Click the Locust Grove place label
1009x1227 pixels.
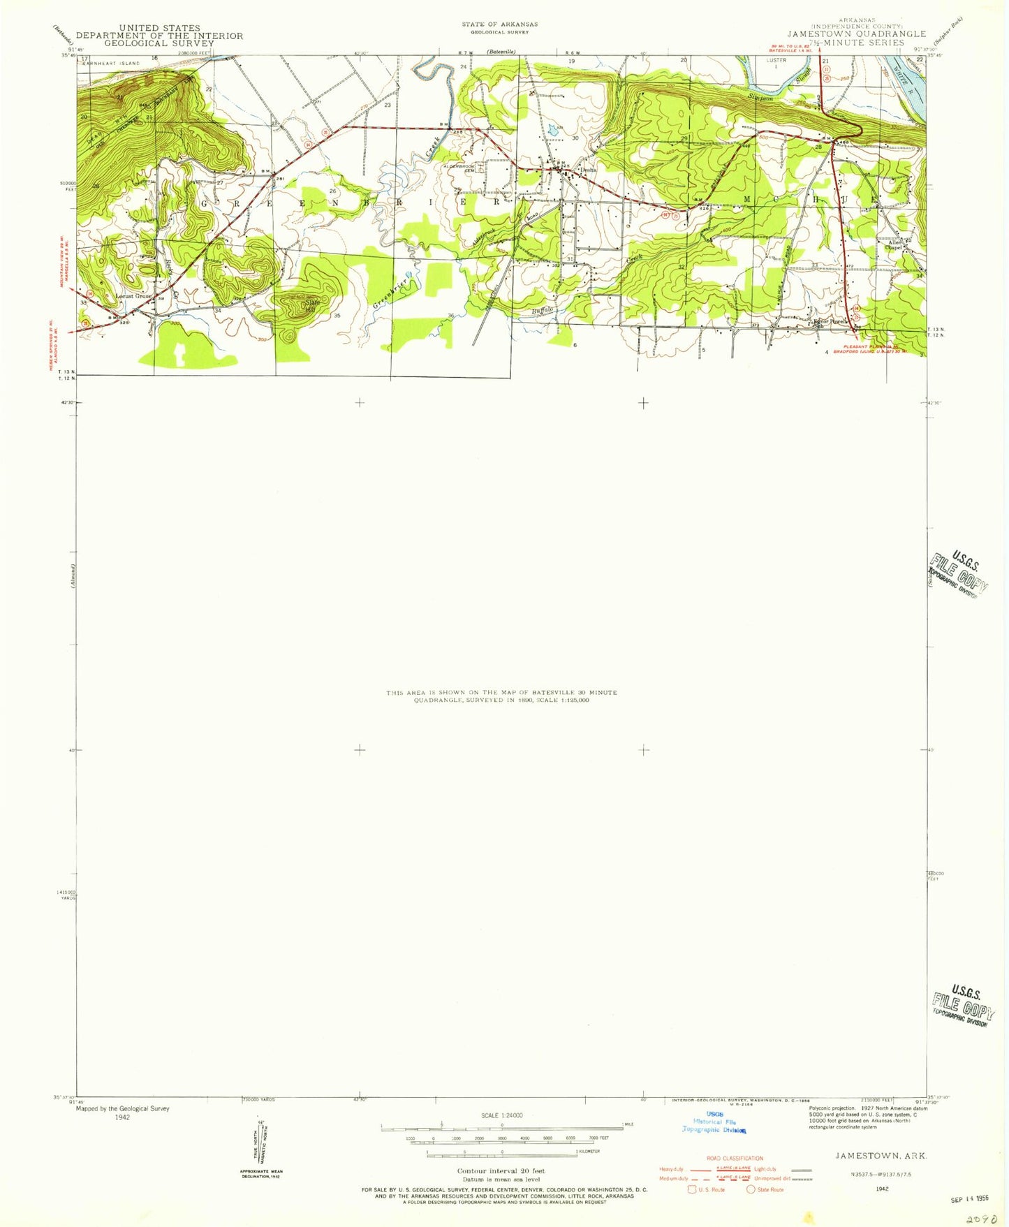tap(133, 296)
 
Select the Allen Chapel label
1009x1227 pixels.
tap(894, 244)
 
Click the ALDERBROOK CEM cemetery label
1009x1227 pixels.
tap(457, 168)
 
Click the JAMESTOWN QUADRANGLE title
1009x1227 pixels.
tap(856, 34)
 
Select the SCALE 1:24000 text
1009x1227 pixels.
tap(501, 1115)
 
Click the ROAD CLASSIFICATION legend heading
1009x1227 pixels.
tap(735, 1159)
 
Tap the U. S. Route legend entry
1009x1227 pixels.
tap(707, 1189)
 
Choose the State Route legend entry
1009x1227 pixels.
tap(766, 1189)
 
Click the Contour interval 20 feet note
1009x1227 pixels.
tap(501, 1171)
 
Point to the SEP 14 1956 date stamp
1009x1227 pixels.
tap(970, 1199)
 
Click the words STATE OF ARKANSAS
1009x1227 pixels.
tap(499, 24)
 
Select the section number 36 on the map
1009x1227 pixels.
tap(451, 316)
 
